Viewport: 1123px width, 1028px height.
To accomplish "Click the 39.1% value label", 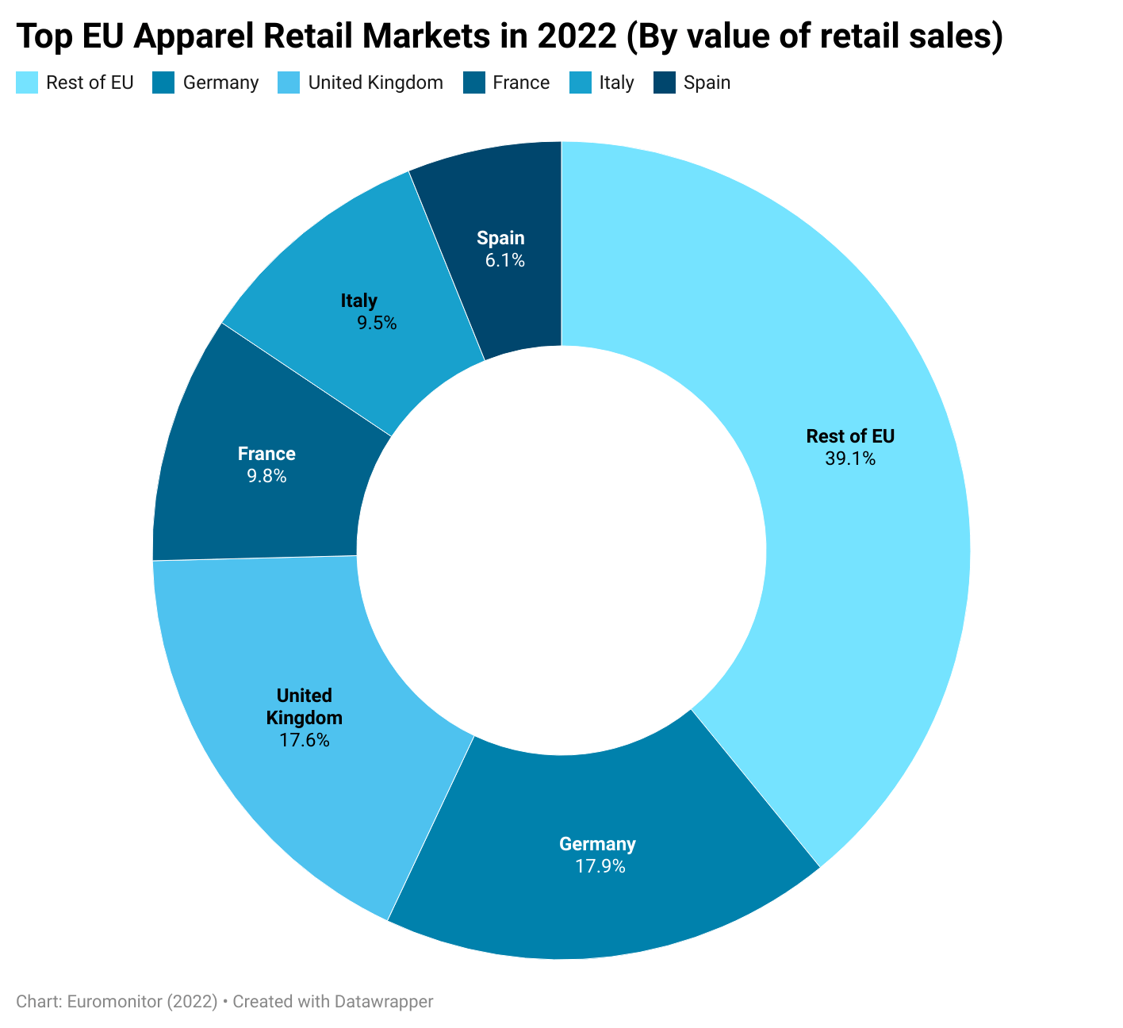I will click(850, 458).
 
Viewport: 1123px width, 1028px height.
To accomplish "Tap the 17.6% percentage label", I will click(305, 741).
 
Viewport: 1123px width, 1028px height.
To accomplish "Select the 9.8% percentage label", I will click(266, 476).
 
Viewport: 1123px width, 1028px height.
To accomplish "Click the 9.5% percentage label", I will click(377, 323).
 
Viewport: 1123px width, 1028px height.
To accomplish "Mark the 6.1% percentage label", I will click(505, 260).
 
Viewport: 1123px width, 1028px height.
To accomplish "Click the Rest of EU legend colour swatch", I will click(27, 82).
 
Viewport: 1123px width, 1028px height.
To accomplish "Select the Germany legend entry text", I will click(220, 82).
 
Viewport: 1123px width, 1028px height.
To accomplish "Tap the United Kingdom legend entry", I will click(375, 82).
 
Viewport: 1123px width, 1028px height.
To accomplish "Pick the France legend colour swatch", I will click(474, 82).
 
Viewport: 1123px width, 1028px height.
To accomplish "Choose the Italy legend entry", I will click(616, 82).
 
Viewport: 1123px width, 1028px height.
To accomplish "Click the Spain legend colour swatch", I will click(665, 82).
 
